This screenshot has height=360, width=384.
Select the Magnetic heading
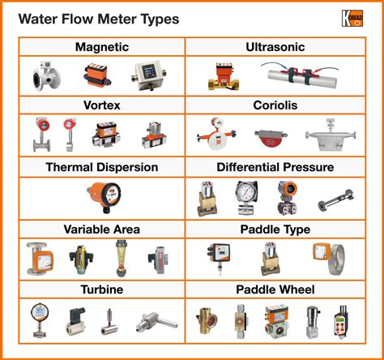[101, 47]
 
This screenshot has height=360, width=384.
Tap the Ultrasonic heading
[280, 47]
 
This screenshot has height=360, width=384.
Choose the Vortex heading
[101, 105]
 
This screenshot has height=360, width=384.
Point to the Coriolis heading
[280, 105]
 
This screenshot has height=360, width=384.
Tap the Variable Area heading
[101, 229]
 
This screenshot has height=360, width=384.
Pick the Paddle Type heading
[280, 229]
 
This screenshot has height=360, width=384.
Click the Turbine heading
[101, 289]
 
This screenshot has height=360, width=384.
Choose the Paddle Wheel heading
[280, 289]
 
